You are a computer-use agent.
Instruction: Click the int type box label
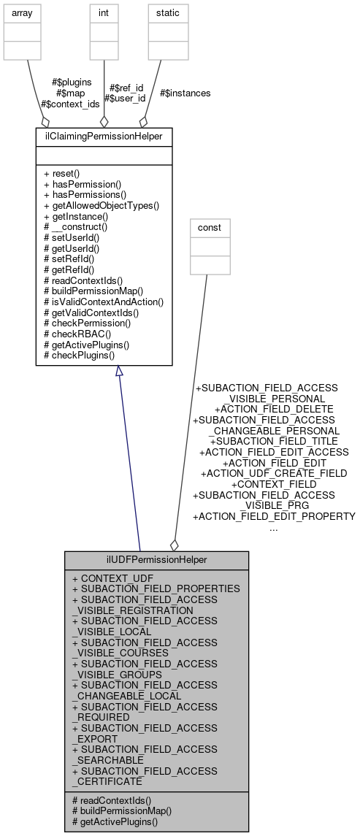104,12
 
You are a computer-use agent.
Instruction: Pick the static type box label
163,12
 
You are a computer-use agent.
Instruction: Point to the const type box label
210,228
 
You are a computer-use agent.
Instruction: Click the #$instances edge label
185,93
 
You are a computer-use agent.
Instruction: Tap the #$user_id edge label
125,98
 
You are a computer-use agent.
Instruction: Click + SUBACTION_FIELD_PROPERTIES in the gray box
156,588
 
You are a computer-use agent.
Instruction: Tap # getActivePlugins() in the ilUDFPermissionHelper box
115,821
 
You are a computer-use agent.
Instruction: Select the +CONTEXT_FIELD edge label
274,484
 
